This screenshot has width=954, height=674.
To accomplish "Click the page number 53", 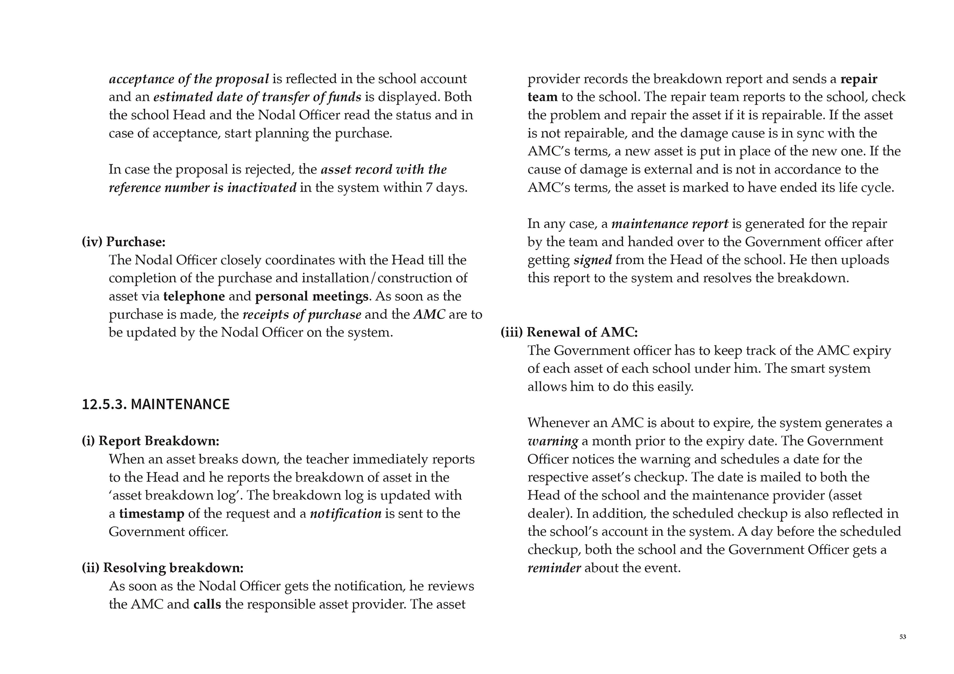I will (x=902, y=637).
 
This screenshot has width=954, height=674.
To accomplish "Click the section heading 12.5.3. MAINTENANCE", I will (x=156, y=404).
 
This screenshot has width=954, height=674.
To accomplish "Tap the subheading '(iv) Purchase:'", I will (x=124, y=242).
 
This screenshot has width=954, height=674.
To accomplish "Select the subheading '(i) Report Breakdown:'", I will (x=150, y=441).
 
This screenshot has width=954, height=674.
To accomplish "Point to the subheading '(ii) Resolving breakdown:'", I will (x=163, y=568).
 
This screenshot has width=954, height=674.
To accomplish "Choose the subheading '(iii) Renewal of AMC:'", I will (x=569, y=332).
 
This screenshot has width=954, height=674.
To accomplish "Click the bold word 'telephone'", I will (x=194, y=296).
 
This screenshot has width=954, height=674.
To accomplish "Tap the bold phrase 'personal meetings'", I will (x=311, y=296).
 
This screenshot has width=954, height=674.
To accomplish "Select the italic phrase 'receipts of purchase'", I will (x=302, y=314).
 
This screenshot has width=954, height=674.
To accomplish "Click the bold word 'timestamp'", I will (x=152, y=513).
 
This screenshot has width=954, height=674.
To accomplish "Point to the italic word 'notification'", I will (x=345, y=513).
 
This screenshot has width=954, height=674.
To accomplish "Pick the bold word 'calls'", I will (x=207, y=604).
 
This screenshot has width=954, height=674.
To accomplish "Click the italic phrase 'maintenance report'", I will (x=670, y=224).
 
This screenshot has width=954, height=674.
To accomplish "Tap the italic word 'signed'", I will (x=592, y=260).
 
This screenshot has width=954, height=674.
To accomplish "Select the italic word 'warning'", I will (x=553, y=441).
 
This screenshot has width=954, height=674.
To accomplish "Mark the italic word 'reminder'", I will (x=554, y=568).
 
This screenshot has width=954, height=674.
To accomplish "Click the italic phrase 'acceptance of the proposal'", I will (x=189, y=79).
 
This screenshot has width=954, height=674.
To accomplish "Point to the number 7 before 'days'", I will (x=428, y=187).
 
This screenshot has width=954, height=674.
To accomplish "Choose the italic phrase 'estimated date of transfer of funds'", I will (x=257, y=97).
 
